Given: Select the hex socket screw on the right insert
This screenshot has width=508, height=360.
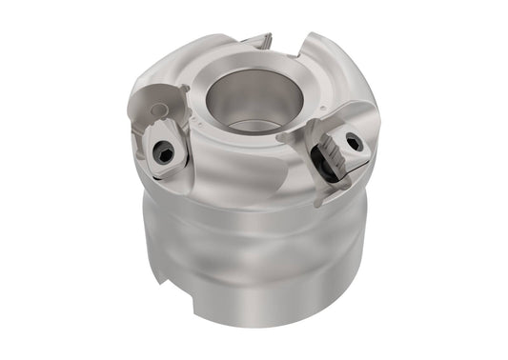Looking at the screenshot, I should (355, 145).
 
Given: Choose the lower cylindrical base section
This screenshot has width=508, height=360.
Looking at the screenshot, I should (257, 295).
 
